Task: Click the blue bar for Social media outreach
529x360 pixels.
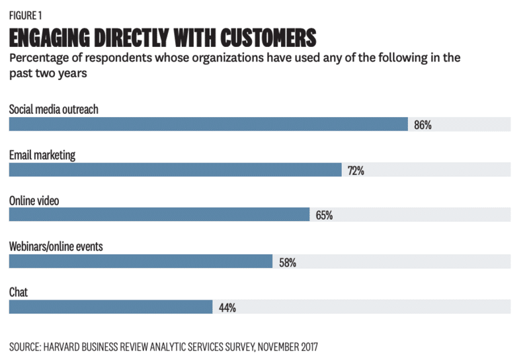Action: (208, 124)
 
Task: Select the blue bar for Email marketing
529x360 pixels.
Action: (175, 170)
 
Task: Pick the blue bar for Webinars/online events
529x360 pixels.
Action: (141, 261)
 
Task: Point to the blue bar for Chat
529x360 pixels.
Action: (110, 307)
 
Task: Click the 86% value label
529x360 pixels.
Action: (423, 125)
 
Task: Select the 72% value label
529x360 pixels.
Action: (356, 171)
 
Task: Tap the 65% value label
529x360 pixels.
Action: (324, 216)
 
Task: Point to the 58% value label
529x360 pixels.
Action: (287, 262)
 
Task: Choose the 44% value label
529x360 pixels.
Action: (227, 308)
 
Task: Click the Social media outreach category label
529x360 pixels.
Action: (54, 109)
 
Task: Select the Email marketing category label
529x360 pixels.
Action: (42, 155)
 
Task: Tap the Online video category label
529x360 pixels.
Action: (34, 201)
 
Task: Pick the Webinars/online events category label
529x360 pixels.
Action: (56, 246)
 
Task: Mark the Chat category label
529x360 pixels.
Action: (18, 292)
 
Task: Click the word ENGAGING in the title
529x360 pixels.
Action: (50, 36)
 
